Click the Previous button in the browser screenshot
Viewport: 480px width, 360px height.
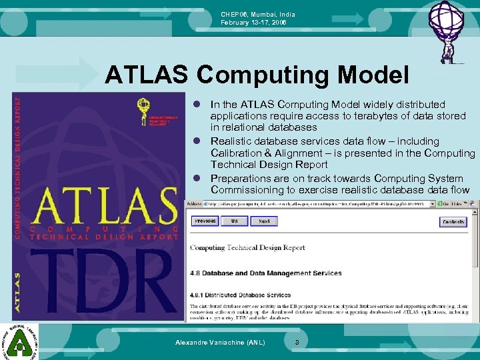[x=205, y=221]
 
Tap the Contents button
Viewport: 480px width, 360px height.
[x=454, y=222]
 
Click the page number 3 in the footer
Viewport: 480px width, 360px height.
[x=297, y=342]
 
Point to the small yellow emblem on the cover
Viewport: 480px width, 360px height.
[x=142, y=106]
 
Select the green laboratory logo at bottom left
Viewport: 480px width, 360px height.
[x=19, y=341]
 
